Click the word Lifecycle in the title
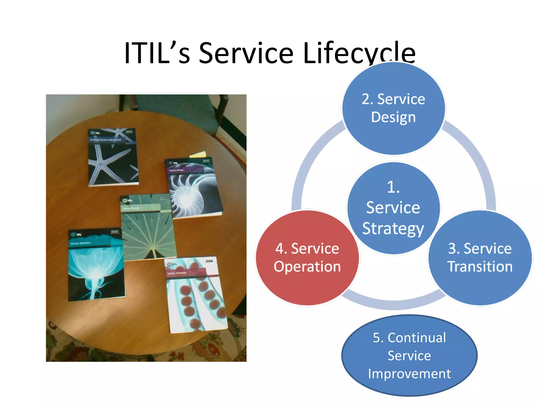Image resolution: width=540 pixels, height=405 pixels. (359, 53)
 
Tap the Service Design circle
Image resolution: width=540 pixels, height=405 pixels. (393, 132)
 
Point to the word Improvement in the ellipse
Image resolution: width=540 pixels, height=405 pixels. (409, 374)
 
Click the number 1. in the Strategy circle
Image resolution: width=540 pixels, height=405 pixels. (393, 187)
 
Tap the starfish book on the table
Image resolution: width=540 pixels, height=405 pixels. (113, 158)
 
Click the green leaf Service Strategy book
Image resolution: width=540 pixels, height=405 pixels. (148, 229)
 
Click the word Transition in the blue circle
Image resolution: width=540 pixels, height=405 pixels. (480, 266)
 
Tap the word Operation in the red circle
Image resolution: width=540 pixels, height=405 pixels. (307, 266)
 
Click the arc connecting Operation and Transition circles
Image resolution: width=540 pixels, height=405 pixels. (394, 303)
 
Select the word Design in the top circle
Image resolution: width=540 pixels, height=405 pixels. (393, 117)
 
